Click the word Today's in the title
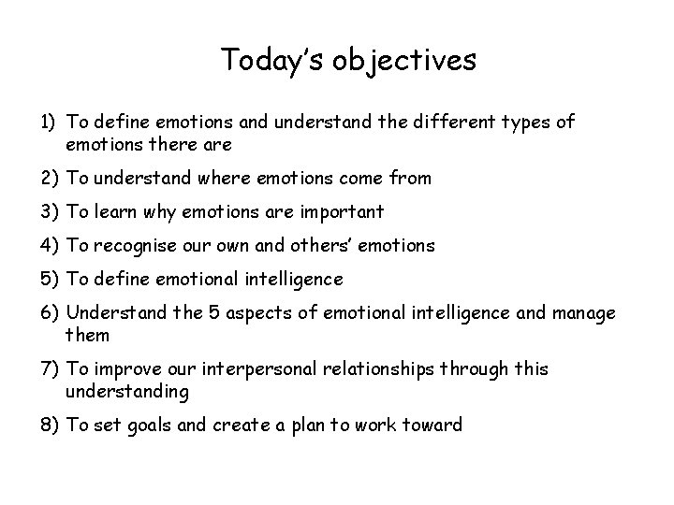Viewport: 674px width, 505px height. coord(266,62)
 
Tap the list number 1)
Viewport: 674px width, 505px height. coord(51,123)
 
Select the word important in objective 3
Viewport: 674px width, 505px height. coord(340,211)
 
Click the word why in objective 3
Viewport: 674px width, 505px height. coord(170,211)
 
